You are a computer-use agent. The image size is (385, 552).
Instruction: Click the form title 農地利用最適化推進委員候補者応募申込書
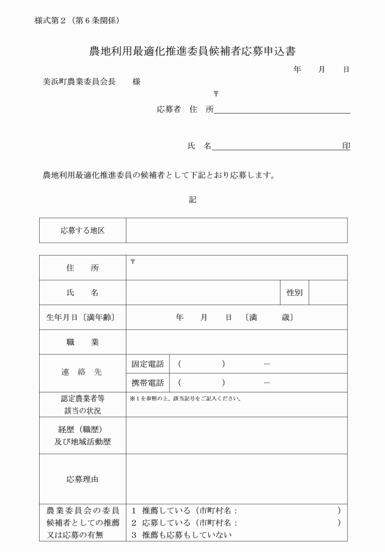point(193,51)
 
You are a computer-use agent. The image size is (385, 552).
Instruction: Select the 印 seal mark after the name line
point(346,146)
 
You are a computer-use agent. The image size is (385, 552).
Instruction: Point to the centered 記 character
point(193,199)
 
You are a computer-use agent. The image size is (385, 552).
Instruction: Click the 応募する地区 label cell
point(82,230)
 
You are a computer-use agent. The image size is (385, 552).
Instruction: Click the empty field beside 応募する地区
point(237,230)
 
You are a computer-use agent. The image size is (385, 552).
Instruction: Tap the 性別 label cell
point(295,293)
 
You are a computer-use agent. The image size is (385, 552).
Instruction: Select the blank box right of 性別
point(328,293)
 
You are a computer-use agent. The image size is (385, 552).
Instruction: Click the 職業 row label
point(82,342)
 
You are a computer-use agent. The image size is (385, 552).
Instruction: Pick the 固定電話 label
point(148,364)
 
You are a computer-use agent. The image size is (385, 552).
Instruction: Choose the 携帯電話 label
point(148,383)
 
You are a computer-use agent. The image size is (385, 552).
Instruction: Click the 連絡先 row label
point(82,373)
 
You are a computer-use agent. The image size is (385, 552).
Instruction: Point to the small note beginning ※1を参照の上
point(186,399)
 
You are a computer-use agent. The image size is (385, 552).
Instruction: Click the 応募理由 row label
point(82,479)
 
